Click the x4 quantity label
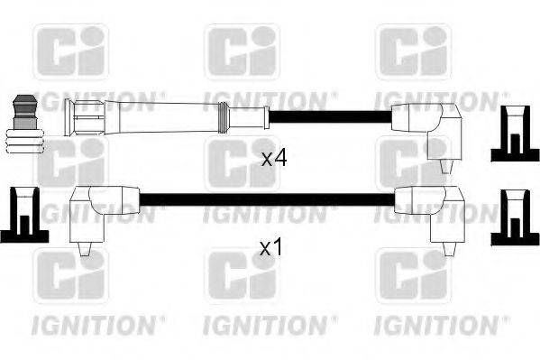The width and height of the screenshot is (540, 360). pyautogui.click(x=274, y=160)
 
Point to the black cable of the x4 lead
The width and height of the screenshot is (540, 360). pyautogui.click(x=329, y=116)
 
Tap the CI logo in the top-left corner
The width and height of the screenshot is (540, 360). pyautogui.click(x=70, y=51)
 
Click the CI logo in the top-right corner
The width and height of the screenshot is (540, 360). pyautogui.click(x=412, y=51)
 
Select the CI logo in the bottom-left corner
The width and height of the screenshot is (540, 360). pyautogui.click(x=70, y=276)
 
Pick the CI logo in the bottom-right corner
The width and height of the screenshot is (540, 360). pyautogui.click(x=412, y=276)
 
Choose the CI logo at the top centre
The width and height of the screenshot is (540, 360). pyautogui.click(x=241, y=51)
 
